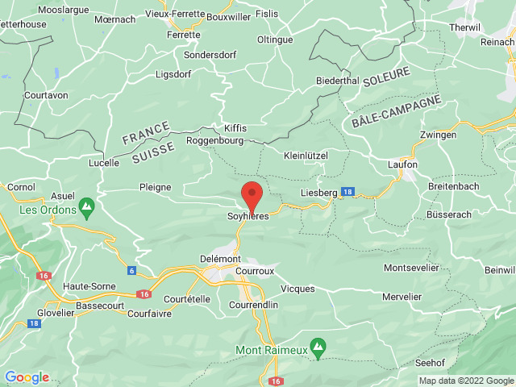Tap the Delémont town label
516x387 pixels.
coord(220,258)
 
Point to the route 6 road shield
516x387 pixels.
coord(131,270)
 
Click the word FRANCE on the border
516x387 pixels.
coord(146,133)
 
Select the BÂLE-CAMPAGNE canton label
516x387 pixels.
coord(397,111)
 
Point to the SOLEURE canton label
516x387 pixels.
coord(386,81)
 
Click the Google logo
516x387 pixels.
coord(27,377)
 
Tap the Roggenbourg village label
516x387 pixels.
coord(214,139)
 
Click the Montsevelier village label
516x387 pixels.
coord(411,267)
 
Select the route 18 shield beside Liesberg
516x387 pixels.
coord(347,191)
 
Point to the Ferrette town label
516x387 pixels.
coord(184,35)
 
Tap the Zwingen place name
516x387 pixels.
coord(439,135)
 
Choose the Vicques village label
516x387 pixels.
coord(298,288)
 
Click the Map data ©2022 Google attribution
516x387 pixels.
coord(465,381)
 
